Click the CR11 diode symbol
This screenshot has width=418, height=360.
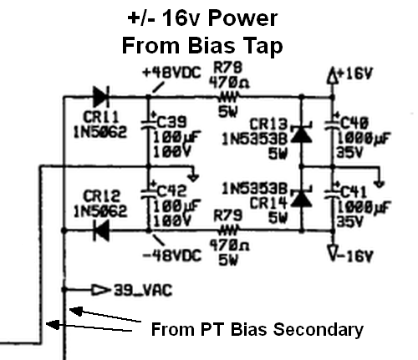tap(101, 96)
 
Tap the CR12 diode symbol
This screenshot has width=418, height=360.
tap(101, 231)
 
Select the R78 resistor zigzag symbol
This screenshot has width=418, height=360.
tap(229, 97)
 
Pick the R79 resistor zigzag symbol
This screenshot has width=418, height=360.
tap(229, 231)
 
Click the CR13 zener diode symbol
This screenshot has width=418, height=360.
tap(301, 134)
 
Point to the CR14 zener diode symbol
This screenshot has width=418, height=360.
tap(301, 198)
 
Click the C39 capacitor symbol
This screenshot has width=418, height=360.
tap(148, 123)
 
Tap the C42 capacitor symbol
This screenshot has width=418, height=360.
tap(148, 192)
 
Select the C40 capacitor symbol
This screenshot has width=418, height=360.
tap(332, 123)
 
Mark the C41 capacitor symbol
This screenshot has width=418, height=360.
tap(332, 192)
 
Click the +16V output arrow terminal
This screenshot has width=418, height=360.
tap(332, 75)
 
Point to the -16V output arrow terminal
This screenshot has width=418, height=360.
tap(333, 252)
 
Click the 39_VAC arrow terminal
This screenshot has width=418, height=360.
tap(100, 290)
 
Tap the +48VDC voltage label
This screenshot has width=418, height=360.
tap(171, 73)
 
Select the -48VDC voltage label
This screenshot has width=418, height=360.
tap(172, 255)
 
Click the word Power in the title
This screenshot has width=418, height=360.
tap(242, 18)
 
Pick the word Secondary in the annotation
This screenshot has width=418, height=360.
tap(319, 330)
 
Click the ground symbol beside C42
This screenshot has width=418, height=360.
tap(193, 177)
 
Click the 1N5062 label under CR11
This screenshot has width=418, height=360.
tap(100, 132)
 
